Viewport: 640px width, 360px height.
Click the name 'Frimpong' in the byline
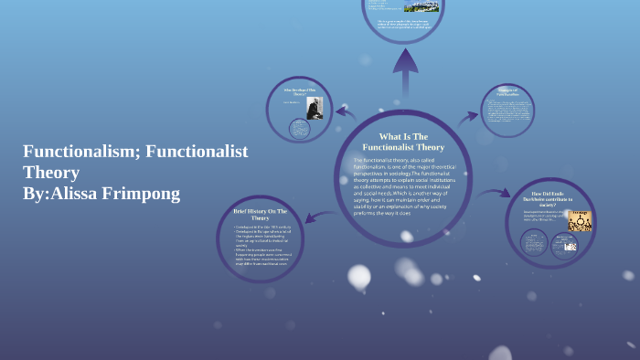tap(142, 193)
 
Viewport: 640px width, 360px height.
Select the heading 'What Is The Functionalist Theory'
tap(403, 142)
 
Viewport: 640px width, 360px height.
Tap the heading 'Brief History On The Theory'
tap(261, 215)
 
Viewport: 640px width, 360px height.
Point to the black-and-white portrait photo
tap(315, 109)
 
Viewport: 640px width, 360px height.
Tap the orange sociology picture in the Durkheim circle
tap(580, 221)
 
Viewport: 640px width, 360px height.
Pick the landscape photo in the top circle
tap(428, 6)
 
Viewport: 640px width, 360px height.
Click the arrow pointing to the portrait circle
tap(346, 113)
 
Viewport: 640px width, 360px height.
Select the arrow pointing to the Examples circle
tap(468, 116)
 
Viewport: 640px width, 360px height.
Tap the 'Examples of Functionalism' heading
tap(507, 92)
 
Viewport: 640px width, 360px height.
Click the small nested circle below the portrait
tap(299, 129)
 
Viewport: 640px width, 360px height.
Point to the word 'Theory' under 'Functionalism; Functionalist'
tap(51, 173)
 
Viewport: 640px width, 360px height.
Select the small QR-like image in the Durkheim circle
tap(570, 247)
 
